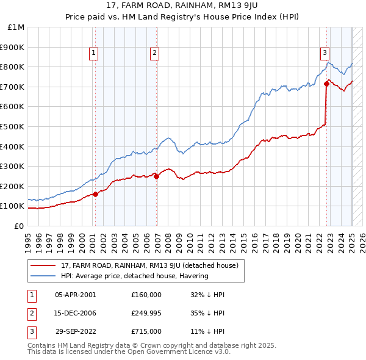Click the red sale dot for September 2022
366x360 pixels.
click(x=326, y=84)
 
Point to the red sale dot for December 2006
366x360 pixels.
click(x=157, y=176)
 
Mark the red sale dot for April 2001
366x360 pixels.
click(x=95, y=194)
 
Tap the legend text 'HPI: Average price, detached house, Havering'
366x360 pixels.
click(x=135, y=276)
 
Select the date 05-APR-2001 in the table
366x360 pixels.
click(x=75, y=295)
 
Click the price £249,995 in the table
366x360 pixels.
click(x=146, y=313)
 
